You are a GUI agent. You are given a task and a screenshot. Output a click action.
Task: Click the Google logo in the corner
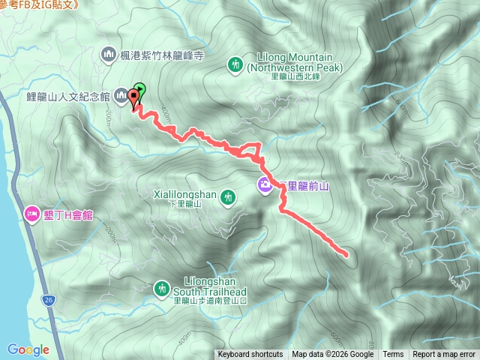(28, 349)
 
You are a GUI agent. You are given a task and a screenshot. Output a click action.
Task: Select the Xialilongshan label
(184, 196)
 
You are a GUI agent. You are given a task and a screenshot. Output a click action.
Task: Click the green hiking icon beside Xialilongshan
(229, 198)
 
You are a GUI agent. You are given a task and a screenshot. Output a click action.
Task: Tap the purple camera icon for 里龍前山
(266, 184)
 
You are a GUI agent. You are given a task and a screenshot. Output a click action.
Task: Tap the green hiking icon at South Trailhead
(162, 288)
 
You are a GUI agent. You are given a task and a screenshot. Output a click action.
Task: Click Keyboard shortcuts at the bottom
(250, 355)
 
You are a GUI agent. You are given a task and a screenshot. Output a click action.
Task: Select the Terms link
(393, 355)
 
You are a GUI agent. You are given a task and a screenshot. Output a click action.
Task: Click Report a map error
(444, 355)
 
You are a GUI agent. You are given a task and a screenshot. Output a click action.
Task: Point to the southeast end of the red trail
(347, 255)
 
